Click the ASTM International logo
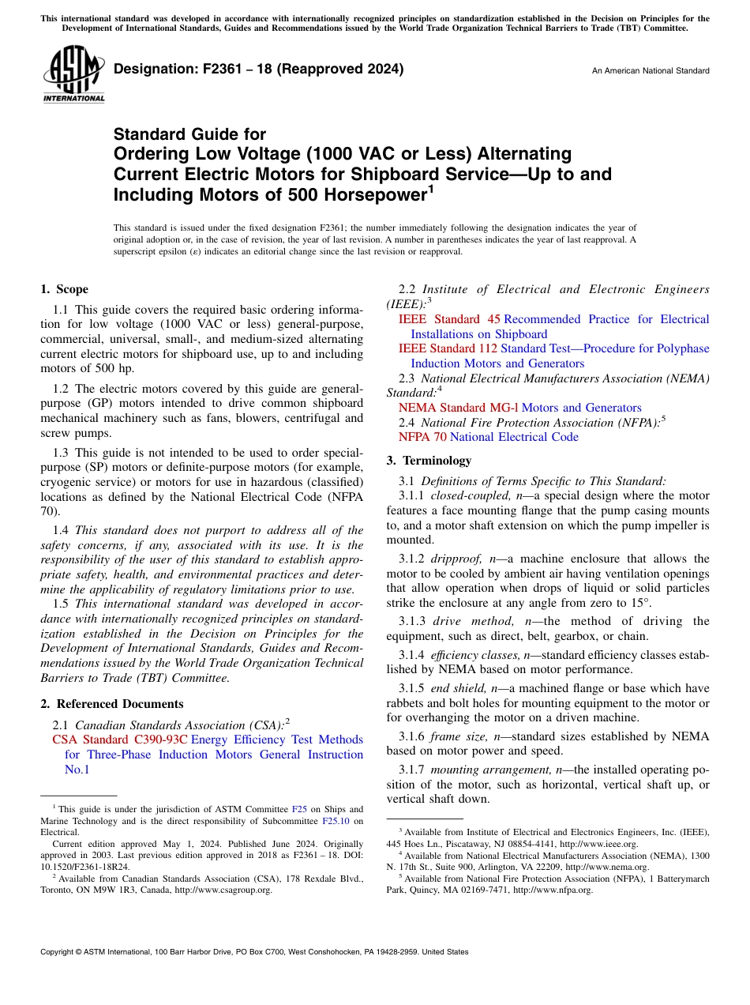click(73, 74)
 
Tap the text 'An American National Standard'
click(651, 71)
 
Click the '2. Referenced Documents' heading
click(111, 704)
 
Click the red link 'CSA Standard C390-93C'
click(120, 740)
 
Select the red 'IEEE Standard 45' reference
click(449, 319)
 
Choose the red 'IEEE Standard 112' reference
click(448, 348)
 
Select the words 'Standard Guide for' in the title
click(189, 134)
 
